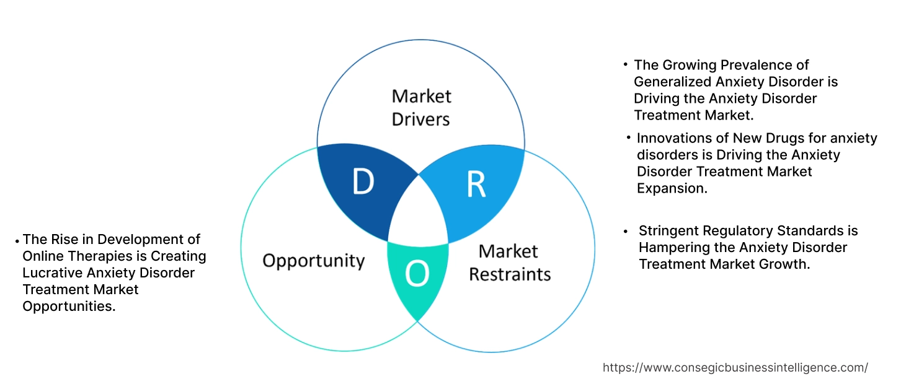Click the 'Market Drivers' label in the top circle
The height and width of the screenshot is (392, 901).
(421, 107)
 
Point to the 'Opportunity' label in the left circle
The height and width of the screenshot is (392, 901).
(314, 260)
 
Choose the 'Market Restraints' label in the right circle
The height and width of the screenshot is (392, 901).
(509, 263)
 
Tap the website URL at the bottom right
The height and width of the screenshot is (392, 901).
(735, 367)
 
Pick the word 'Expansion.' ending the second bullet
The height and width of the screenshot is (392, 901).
(672, 189)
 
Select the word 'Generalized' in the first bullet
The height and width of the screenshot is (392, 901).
(673, 82)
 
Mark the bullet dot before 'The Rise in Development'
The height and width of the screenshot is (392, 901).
(17, 240)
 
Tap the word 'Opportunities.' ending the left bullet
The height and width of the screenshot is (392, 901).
(69, 307)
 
